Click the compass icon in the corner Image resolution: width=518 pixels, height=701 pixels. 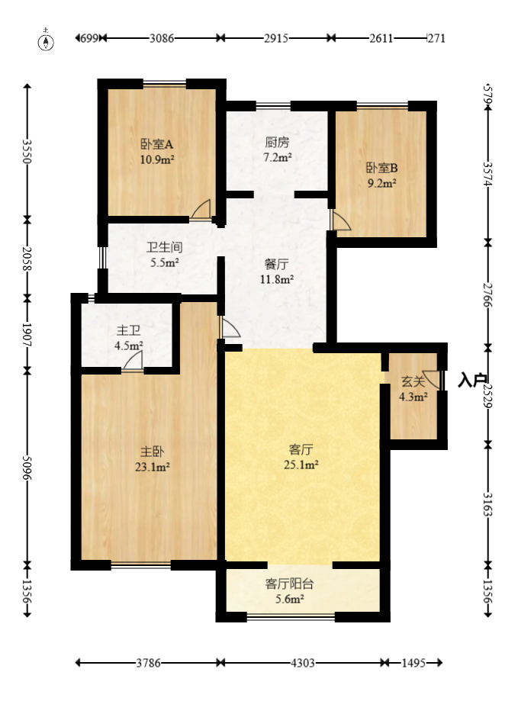tap(47, 41)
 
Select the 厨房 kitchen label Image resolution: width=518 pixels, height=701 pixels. tap(277, 142)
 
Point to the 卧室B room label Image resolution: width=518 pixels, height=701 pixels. tap(382, 167)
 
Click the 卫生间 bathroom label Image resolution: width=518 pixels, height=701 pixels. tap(163, 247)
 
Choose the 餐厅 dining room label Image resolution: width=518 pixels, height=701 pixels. tap(277, 264)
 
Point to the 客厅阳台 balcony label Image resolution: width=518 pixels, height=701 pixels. tap(289, 584)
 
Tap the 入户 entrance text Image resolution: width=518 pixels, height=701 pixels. tap(472, 380)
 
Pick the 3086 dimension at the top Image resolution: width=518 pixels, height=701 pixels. tap(162, 37)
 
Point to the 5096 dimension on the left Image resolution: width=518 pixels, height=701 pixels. tap(27, 467)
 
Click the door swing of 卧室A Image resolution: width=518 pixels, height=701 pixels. tap(202, 209)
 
